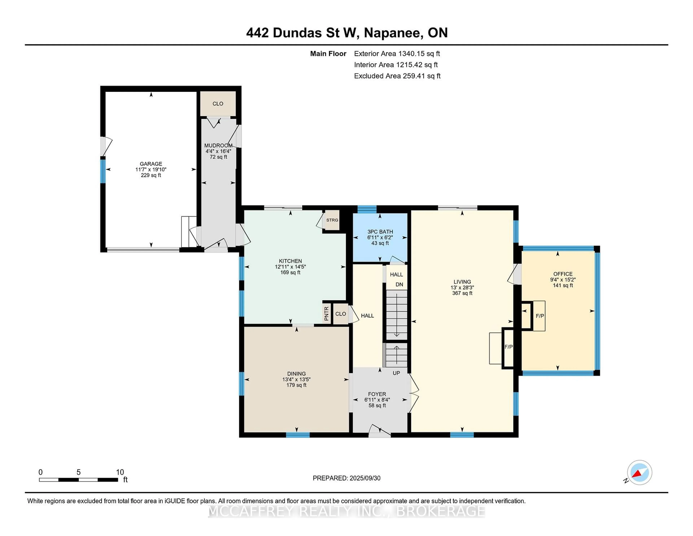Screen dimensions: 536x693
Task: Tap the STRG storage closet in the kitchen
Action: (332, 220)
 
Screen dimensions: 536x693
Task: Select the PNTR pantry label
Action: (326, 313)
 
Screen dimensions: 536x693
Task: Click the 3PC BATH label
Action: (380, 232)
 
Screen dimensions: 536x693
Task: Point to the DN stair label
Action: (399, 284)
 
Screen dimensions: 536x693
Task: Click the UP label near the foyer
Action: (396, 373)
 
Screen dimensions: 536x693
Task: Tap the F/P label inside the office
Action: (540, 316)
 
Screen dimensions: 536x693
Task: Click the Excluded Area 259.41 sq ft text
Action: (397, 76)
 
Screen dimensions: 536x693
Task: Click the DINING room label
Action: (296, 374)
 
